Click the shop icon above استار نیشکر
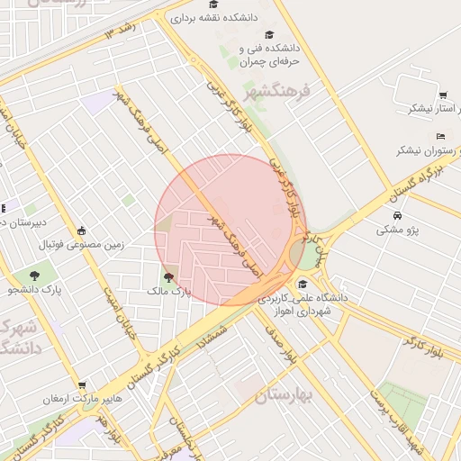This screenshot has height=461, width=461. (443, 95)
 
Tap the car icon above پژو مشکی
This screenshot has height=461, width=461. (398, 216)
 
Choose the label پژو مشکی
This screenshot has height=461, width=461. (398, 230)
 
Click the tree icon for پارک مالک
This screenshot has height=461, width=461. (168, 277)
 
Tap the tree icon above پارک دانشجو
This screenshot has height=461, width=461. (34, 275)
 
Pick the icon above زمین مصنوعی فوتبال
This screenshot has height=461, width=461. (82, 230)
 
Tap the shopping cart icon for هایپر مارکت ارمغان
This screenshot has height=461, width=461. (82, 384)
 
